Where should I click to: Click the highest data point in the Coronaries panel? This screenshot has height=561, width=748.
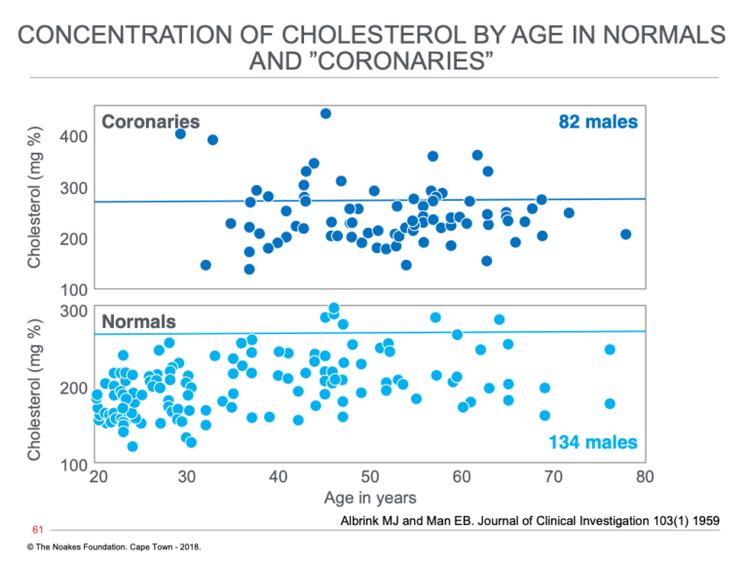click(x=326, y=114)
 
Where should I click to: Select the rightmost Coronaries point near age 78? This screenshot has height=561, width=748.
click(x=626, y=234)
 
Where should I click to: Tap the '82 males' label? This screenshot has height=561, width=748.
click(x=598, y=122)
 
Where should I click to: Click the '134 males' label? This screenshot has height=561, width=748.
click(x=593, y=442)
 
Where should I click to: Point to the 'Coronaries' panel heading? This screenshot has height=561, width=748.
click(x=151, y=122)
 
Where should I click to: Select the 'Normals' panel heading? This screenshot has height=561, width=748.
click(x=139, y=321)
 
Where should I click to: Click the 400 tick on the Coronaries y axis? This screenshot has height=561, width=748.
click(x=73, y=136)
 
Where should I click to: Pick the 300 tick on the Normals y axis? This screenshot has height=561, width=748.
click(x=73, y=311)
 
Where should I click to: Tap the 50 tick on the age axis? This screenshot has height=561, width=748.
click(x=370, y=476)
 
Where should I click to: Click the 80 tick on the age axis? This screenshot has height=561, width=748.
click(x=645, y=476)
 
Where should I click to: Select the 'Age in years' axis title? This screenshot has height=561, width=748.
click(x=370, y=498)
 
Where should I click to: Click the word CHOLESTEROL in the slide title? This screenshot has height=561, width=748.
click(x=373, y=35)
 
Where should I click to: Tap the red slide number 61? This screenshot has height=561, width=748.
click(x=38, y=530)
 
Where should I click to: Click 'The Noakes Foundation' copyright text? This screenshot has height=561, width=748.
click(x=76, y=546)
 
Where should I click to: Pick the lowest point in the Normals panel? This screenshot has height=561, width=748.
click(x=132, y=446)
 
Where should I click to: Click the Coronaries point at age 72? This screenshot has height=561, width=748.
click(x=569, y=212)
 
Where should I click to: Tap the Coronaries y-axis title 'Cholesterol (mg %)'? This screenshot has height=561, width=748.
click(x=34, y=198)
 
